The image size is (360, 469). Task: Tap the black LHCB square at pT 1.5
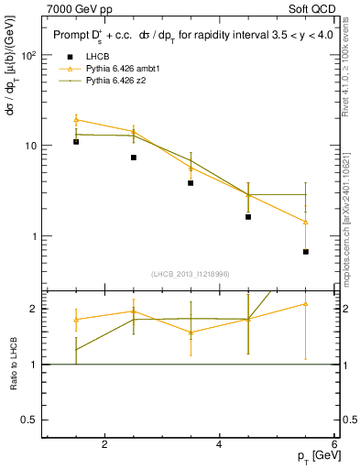[76, 142]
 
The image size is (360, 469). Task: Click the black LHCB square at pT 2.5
[134, 158]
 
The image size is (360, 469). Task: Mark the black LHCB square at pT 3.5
[191, 183]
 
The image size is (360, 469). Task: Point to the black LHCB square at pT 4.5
[248, 217]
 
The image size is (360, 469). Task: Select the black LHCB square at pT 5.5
[305, 252]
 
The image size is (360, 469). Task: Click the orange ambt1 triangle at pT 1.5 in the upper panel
[76, 119]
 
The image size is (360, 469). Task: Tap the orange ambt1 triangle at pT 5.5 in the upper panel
[305, 222]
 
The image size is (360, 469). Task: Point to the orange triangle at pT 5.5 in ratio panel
[305, 303]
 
